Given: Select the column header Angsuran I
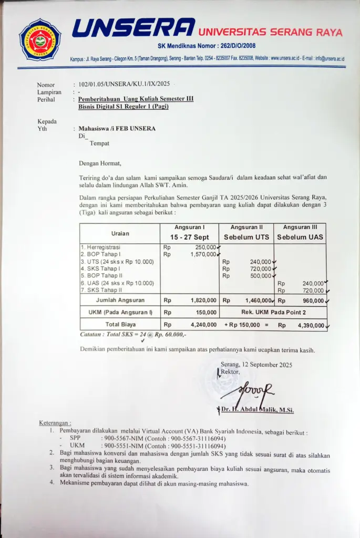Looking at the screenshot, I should pos(189,227).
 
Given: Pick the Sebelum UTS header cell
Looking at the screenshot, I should pos(246,237).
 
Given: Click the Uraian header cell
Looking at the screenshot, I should pos(120,233).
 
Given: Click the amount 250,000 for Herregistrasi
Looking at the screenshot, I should pos(205,247).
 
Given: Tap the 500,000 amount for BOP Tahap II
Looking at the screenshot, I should pos(261,275).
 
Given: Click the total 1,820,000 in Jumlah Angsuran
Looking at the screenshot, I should pos(203,301).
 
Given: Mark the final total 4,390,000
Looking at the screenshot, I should pos(312,325).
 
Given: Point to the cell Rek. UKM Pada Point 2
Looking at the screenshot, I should pos(273,313).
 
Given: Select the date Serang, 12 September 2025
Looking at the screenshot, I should pos(256,364).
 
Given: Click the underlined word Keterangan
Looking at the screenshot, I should pos(55,423).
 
